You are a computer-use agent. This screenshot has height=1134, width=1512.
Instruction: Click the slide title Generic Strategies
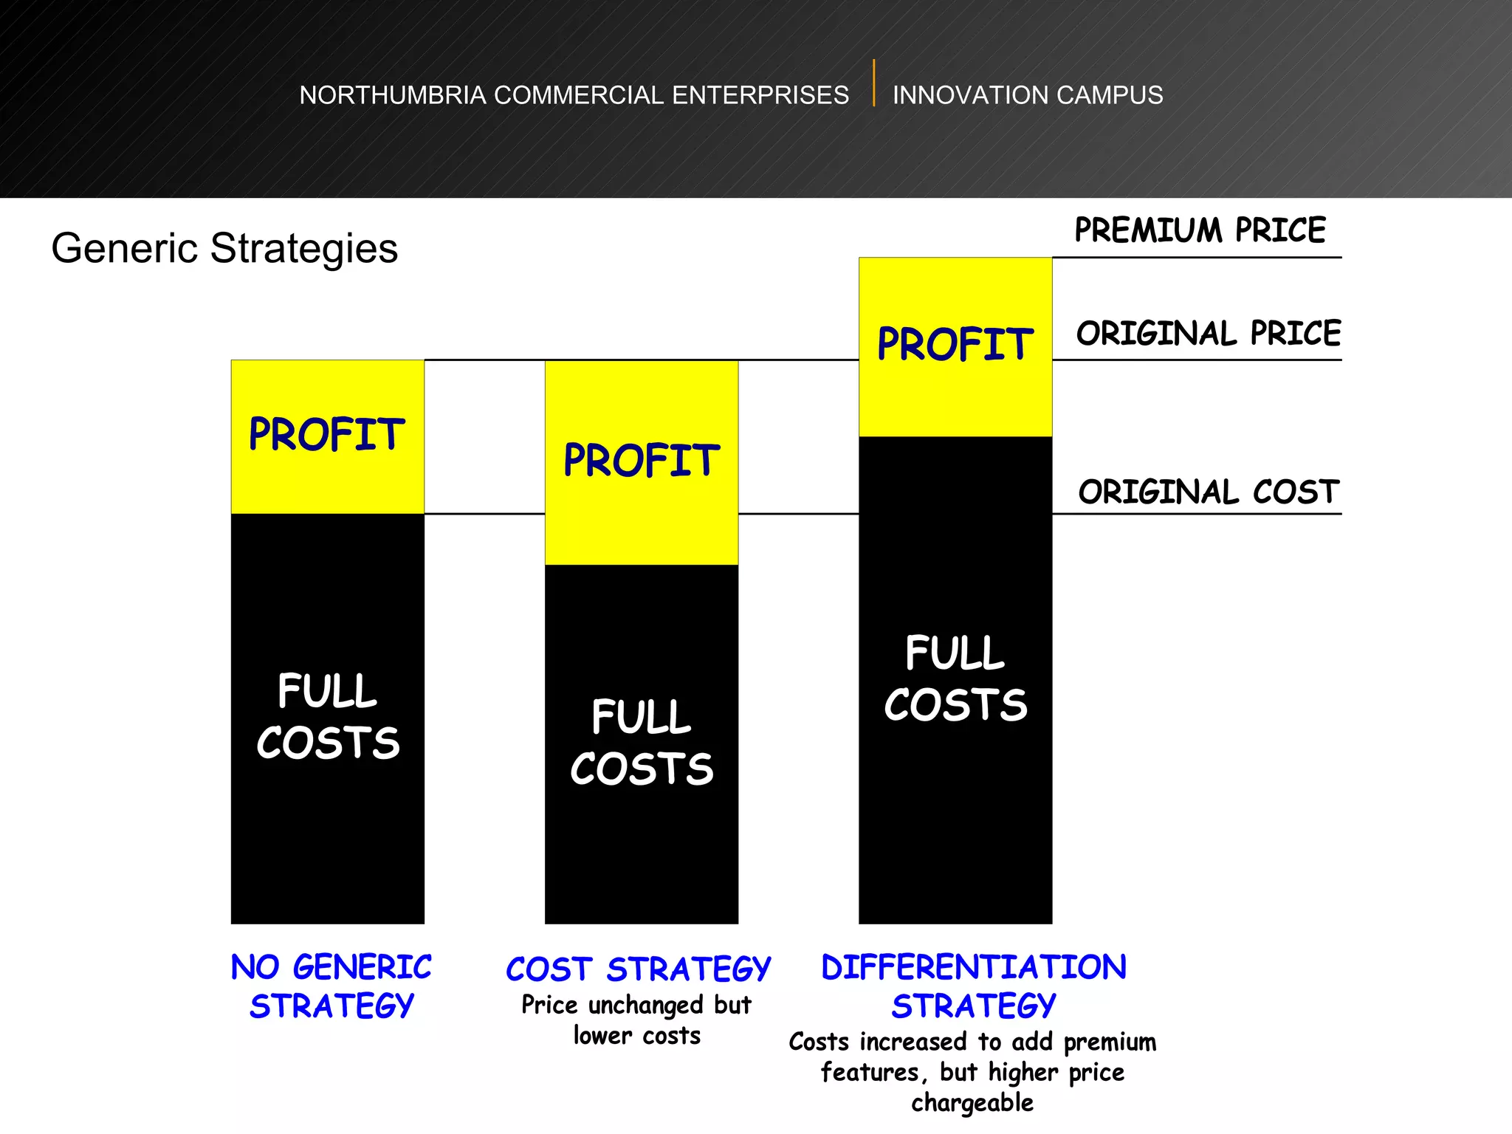click(x=224, y=248)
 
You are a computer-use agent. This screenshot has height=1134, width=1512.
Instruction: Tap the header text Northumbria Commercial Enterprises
click(x=574, y=95)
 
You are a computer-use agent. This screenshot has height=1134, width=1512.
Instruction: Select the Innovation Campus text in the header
click(x=1027, y=95)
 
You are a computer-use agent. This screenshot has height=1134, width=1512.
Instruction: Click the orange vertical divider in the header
click(x=873, y=83)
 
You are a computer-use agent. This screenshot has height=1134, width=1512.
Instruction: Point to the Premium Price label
click(x=1200, y=230)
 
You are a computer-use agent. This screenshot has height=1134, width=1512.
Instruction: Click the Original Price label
click(x=1208, y=334)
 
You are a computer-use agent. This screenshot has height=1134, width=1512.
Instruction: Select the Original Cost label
click(x=1209, y=492)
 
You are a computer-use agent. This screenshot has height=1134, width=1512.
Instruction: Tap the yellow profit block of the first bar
click(x=327, y=436)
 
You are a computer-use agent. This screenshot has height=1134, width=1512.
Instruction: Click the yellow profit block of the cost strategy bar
click(x=641, y=462)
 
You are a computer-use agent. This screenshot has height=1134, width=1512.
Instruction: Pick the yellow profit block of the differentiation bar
click(x=955, y=346)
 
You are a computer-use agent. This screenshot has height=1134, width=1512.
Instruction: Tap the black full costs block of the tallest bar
click(x=955, y=679)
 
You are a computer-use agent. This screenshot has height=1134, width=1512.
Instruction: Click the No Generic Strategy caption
click(x=331, y=986)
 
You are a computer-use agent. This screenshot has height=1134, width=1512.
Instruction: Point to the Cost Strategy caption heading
click(x=638, y=969)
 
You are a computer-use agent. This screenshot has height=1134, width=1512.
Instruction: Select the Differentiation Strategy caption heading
click(x=974, y=986)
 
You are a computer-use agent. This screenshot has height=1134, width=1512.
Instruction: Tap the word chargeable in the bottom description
click(x=972, y=1103)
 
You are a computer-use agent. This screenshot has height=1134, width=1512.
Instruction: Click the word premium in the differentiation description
click(x=1110, y=1042)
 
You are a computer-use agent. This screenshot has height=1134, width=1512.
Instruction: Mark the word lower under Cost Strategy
click(x=602, y=1036)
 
